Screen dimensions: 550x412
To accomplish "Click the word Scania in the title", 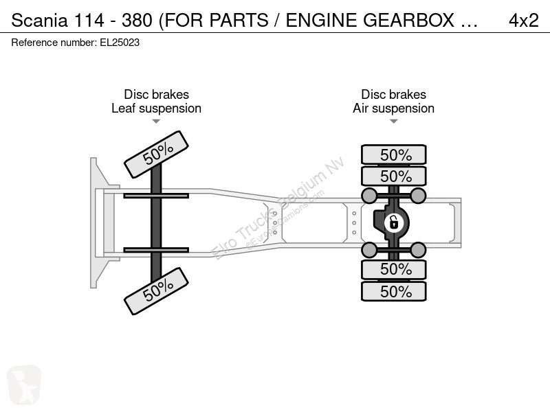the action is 39,21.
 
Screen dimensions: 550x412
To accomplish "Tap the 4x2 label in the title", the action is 523,21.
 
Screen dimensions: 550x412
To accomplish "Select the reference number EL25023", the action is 120,43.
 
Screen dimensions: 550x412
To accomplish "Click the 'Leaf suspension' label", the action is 157,108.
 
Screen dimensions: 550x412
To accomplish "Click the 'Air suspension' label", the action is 393,108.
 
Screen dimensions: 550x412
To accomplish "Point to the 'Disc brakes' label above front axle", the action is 157,94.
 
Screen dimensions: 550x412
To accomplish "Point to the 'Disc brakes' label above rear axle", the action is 393,94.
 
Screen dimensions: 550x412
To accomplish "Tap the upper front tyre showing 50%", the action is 157,154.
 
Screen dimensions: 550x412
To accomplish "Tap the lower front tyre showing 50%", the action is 157,291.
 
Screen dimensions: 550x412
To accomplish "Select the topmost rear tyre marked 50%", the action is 393,154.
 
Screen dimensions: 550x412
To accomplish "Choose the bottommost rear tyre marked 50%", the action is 393,291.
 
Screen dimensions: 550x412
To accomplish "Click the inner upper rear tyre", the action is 393,176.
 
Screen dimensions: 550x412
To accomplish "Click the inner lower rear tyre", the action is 393,269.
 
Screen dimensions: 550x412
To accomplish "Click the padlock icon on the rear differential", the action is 393,222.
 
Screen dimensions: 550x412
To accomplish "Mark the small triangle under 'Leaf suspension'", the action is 156,122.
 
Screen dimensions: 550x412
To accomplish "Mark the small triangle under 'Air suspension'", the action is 393,122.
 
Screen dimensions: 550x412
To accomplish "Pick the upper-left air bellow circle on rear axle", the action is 369,196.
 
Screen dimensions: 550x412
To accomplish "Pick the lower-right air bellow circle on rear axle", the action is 418,250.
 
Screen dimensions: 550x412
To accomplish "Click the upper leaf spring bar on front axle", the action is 156,196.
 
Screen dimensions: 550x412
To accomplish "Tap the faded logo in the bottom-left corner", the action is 24,385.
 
